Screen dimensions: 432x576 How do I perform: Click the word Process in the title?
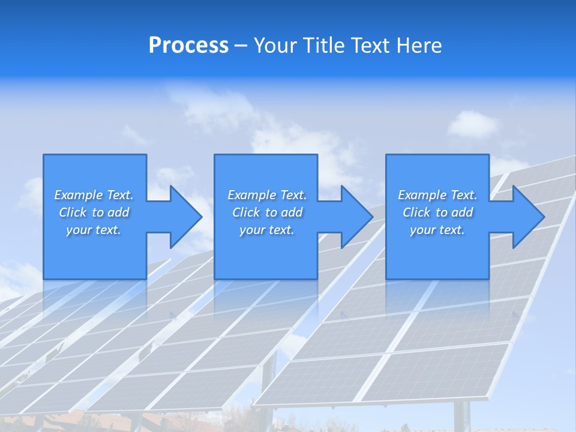tap(188, 46)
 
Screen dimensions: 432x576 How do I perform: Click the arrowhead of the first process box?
tap(185, 217)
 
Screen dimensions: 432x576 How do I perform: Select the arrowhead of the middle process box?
tap(356, 217)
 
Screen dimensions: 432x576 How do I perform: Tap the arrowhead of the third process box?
tap(528, 217)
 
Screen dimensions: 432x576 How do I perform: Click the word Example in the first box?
tap(79, 195)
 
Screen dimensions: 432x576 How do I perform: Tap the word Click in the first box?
tap(72, 212)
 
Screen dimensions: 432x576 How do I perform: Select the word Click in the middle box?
tap(245, 212)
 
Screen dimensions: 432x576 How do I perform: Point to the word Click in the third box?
tap(416, 212)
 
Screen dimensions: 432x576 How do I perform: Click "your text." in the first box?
tap(94, 230)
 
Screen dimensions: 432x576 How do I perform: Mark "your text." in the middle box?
tap(267, 230)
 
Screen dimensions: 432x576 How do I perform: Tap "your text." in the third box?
tap(437, 230)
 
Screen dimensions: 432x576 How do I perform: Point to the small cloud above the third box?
tap(472, 124)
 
